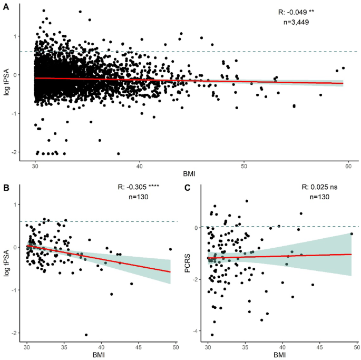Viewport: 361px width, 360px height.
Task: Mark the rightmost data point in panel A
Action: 343,68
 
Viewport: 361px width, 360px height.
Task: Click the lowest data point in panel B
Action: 86,335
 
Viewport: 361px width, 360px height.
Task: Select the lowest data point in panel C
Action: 212,335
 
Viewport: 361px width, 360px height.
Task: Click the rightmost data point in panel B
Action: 170,249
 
